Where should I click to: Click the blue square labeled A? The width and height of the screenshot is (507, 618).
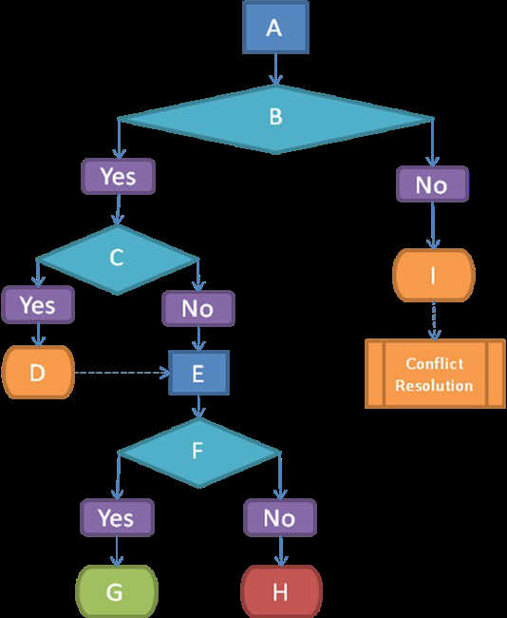[275, 27]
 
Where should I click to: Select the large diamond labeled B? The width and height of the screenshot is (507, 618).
[275, 119]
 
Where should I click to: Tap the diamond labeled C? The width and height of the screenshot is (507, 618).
[118, 260]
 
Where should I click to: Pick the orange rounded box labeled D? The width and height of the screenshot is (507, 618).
[38, 373]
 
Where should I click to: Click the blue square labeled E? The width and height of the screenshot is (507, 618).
[198, 373]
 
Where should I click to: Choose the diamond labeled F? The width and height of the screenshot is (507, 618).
[198, 453]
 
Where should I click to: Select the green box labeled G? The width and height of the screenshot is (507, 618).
[117, 591]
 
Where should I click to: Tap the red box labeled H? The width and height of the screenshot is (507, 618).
[281, 591]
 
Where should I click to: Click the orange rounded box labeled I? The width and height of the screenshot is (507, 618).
[434, 275]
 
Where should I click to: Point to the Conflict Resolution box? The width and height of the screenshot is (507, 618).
[435, 374]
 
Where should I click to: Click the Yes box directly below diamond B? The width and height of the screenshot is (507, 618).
[118, 176]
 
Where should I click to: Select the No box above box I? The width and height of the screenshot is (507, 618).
[432, 184]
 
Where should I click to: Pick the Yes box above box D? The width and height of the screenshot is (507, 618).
[38, 304]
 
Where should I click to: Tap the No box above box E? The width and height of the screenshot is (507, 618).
[198, 308]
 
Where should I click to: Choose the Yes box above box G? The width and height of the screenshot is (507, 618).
[117, 517]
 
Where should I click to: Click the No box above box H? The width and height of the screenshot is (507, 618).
[280, 517]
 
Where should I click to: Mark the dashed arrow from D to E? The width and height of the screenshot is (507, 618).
[122, 373]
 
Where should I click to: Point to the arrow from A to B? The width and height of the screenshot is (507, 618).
[275, 69]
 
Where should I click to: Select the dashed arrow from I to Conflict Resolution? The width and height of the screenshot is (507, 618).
[434, 320]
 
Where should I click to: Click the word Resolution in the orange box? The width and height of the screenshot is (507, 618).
[434, 385]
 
